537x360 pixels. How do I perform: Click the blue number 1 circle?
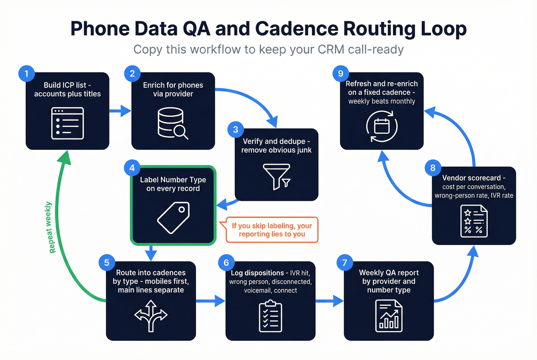(x=26, y=73)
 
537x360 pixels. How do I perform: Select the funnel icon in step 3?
(x=277, y=177)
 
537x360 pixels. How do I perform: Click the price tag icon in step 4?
(x=173, y=217)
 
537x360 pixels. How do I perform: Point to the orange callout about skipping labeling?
(x=272, y=230)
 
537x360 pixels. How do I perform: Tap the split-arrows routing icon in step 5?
(x=151, y=316)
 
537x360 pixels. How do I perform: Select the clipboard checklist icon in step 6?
(x=270, y=316)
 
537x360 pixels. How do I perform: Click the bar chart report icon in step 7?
(x=389, y=316)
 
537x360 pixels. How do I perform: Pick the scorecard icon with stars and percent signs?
(x=474, y=221)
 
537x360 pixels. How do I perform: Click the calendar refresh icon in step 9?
(x=382, y=126)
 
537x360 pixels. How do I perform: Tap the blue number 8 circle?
(x=433, y=168)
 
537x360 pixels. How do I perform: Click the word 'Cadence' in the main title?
(x=296, y=29)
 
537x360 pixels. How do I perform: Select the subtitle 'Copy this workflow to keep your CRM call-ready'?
(x=268, y=49)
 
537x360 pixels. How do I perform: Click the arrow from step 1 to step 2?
(x=120, y=111)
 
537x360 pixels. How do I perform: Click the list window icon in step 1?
(x=68, y=123)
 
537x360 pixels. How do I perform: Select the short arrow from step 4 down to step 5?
(x=151, y=253)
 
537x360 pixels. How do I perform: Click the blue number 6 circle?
(x=226, y=263)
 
